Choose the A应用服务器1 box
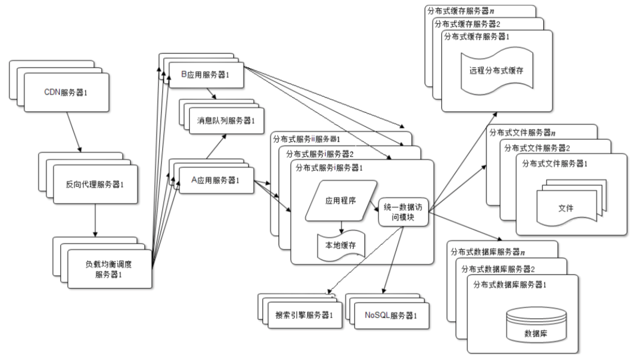click(214, 180)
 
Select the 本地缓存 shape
click(341, 245)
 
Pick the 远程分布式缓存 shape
click(497, 71)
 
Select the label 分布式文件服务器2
click(536, 148)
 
